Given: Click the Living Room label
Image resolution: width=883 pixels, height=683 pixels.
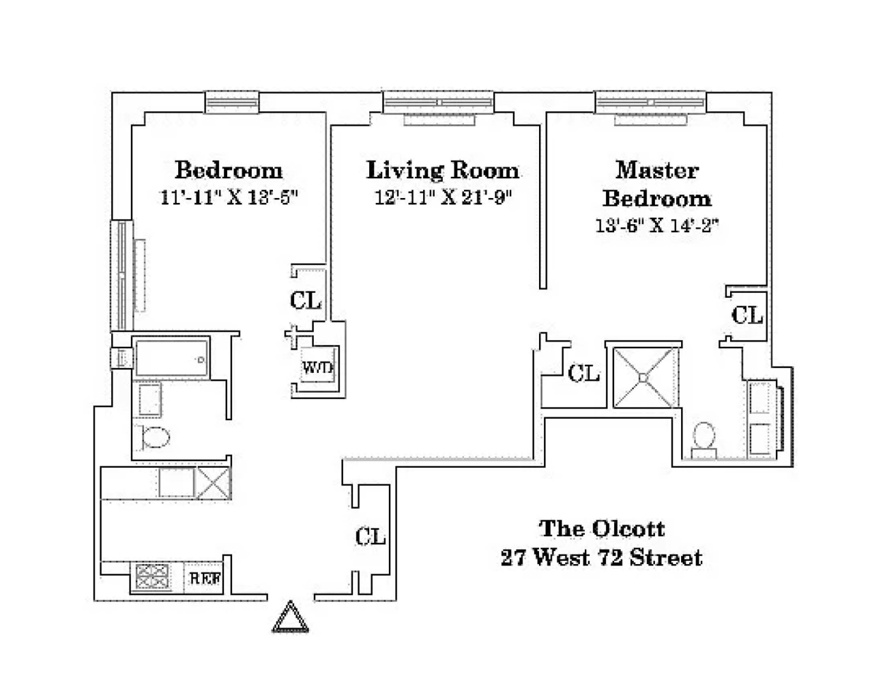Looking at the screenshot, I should [442, 170].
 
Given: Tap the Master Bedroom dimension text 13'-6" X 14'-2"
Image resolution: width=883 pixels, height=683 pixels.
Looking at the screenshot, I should [657, 226].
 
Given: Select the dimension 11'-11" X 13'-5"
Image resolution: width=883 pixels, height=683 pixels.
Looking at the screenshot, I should [229, 197].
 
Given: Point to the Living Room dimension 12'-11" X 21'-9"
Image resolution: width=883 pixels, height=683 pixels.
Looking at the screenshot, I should [443, 197].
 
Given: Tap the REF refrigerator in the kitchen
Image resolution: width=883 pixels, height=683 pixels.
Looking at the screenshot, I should [205, 578].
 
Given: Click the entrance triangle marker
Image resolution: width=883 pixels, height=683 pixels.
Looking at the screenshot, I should [291, 617].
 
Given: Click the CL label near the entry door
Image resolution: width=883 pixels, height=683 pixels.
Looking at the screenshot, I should [371, 537].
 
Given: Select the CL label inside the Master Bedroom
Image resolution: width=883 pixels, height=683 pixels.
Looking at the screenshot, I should [747, 315].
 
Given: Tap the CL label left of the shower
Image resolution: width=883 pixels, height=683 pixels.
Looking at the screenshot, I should [583, 373].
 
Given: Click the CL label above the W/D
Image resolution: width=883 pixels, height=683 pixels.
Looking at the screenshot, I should [305, 301].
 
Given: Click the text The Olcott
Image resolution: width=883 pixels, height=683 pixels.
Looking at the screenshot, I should [601, 528].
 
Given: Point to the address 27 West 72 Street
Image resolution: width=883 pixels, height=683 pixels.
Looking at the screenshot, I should [601, 558].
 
